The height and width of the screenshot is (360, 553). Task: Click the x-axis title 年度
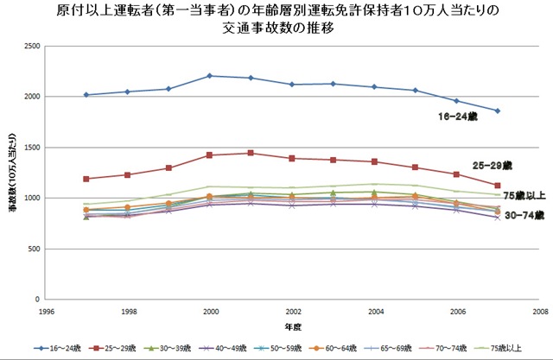tap(292, 327)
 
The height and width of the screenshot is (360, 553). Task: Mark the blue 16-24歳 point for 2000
tap(210, 76)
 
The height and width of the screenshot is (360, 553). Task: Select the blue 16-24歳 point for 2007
tap(498, 111)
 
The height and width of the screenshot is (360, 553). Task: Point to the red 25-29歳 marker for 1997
tap(86, 179)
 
